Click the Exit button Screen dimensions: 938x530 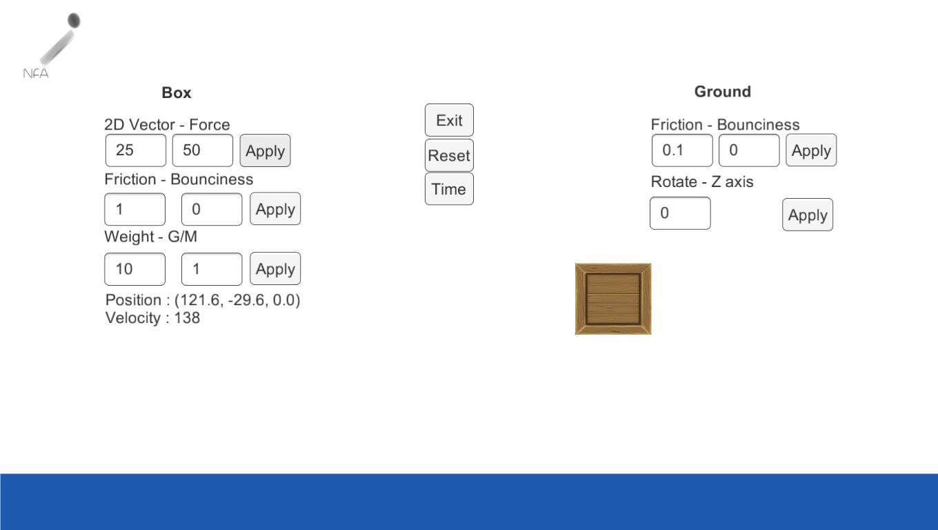pyautogui.click(x=449, y=120)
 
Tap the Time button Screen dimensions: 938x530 pyautogui.click(x=449, y=189)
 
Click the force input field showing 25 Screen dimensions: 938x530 pyautogui.click(x=136, y=150)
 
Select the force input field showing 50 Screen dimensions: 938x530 pyautogui.click(x=203, y=150)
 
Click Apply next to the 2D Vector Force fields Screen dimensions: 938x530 pyautogui.click(x=265, y=150)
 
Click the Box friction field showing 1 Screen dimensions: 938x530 pyautogui.click(x=135, y=209)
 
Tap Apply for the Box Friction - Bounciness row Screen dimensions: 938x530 pyautogui.click(x=275, y=209)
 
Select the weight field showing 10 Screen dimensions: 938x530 pyautogui.click(x=135, y=269)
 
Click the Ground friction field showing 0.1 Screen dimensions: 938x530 pyautogui.click(x=682, y=150)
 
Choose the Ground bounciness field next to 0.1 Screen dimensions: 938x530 pyautogui.click(x=749, y=150)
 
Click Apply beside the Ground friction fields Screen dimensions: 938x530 pyautogui.click(x=811, y=150)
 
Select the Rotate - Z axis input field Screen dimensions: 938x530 pyautogui.click(x=680, y=213)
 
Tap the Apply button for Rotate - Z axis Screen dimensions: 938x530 pyautogui.click(x=808, y=215)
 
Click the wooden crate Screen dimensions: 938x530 pyautogui.click(x=613, y=299)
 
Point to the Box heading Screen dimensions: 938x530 pyautogui.click(x=177, y=92)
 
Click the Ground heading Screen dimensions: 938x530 pyautogui.click(x=722, y=91)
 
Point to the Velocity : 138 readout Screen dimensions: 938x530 pyautogui.click(x=152, y=318)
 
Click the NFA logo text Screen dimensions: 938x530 pyautogui.click(x=36, y=73)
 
